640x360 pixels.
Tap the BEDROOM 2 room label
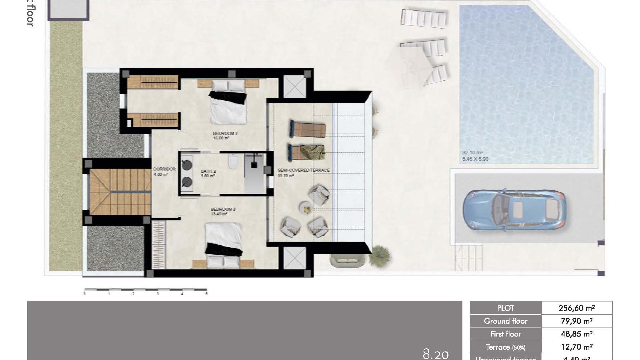[x=225, y=134]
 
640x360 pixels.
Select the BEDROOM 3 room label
[x=223, y=209]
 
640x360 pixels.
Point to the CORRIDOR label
[x=164, y=169]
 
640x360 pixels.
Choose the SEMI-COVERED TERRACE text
[x=303, y=170]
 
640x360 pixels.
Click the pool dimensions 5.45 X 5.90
[x=475, y=159]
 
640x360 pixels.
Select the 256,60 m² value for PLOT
[x=577, y=308]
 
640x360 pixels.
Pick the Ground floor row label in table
[x=505, y=321]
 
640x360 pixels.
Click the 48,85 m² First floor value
[x=577, y=334]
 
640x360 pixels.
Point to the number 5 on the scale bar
[x=206, y=294]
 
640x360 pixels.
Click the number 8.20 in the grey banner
[x=436, y=354]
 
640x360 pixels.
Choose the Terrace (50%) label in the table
[x=505, y=347]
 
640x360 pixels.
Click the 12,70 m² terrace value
[x=577, y=347]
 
